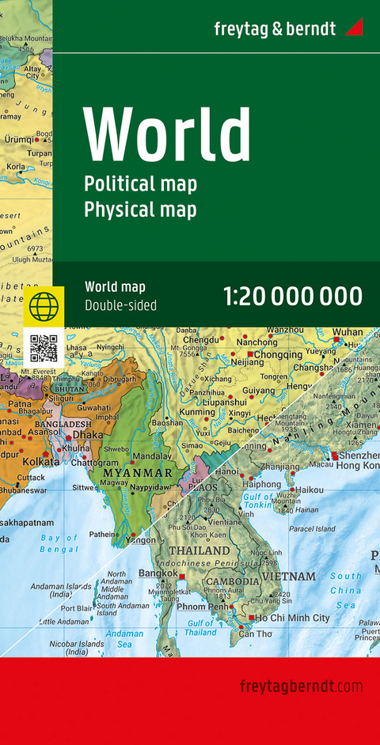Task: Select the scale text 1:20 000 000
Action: tap(293, 297)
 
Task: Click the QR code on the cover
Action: tap(44, 348)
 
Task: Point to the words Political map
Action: tap(140, 183)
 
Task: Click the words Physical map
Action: tap(140, 209)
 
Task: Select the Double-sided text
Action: tap(120, 305)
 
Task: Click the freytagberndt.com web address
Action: tap(301, 685)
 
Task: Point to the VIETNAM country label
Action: tap(291, 577)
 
